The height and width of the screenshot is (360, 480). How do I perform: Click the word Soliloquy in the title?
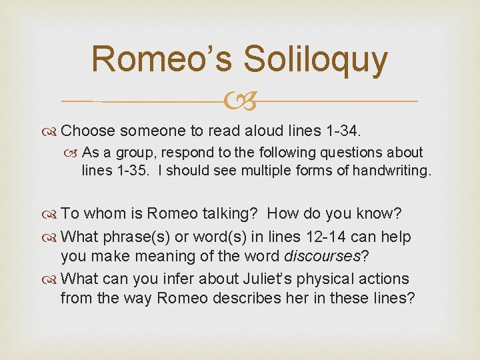[315, 59]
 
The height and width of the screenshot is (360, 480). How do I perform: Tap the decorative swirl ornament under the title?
[241, 102]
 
